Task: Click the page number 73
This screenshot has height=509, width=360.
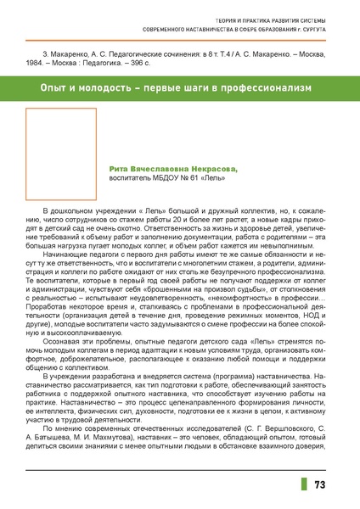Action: tap(320, 484)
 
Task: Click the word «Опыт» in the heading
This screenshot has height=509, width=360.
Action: tap(56, 88)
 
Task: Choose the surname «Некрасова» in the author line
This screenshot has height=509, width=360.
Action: tap(214, 169)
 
